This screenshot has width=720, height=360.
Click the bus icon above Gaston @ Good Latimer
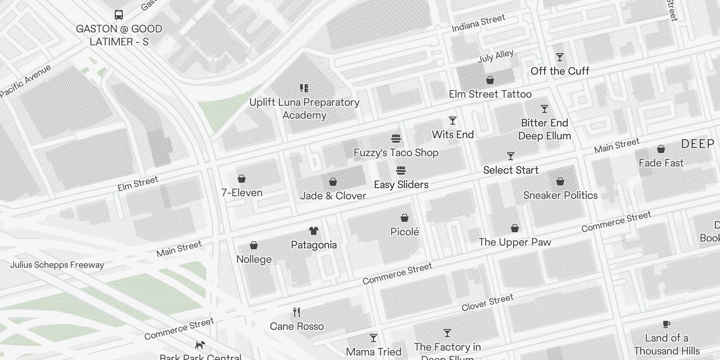[x=119, y=15]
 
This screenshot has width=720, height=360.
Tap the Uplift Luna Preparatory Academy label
[x=305, y=108]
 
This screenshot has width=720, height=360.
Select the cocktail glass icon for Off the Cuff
[x=560, y=57]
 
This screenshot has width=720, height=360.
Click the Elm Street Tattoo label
[x=490, y=94]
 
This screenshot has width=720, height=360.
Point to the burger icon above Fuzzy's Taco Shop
[x=396, y=138]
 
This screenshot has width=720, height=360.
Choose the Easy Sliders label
[x=401, y=184]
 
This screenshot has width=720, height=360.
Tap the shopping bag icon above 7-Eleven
[x=242, y=179]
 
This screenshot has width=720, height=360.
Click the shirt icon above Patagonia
[x=314, y=231]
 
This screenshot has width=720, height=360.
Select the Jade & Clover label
[x=333, y=196]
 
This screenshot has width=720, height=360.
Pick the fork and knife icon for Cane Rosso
[x=297, y=312]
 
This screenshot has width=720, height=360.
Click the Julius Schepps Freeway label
[x=57, y=265]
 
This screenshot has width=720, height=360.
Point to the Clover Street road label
[x=487, y=302]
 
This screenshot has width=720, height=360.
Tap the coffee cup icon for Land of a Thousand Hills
[x=666, y=324]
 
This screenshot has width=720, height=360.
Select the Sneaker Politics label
[x=560, y=195]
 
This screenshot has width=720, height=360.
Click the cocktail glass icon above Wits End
[x=453, y=121]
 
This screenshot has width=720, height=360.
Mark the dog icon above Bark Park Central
[x=200, y=345]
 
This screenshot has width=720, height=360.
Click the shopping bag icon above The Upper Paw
[x=515, y=229]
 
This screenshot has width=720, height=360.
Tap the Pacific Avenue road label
[x=26, y=81]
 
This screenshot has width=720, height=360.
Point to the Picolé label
[x=405, y=232]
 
